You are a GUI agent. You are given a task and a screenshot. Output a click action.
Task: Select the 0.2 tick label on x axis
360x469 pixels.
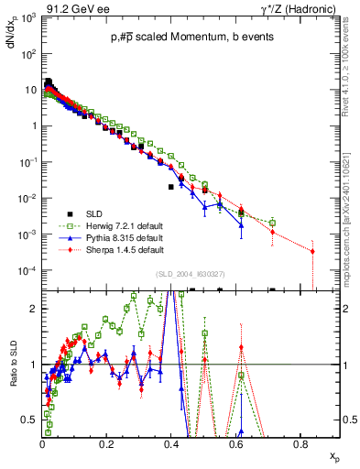click(107, 444)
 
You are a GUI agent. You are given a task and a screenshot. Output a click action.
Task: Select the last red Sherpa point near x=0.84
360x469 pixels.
click(312, 251)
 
